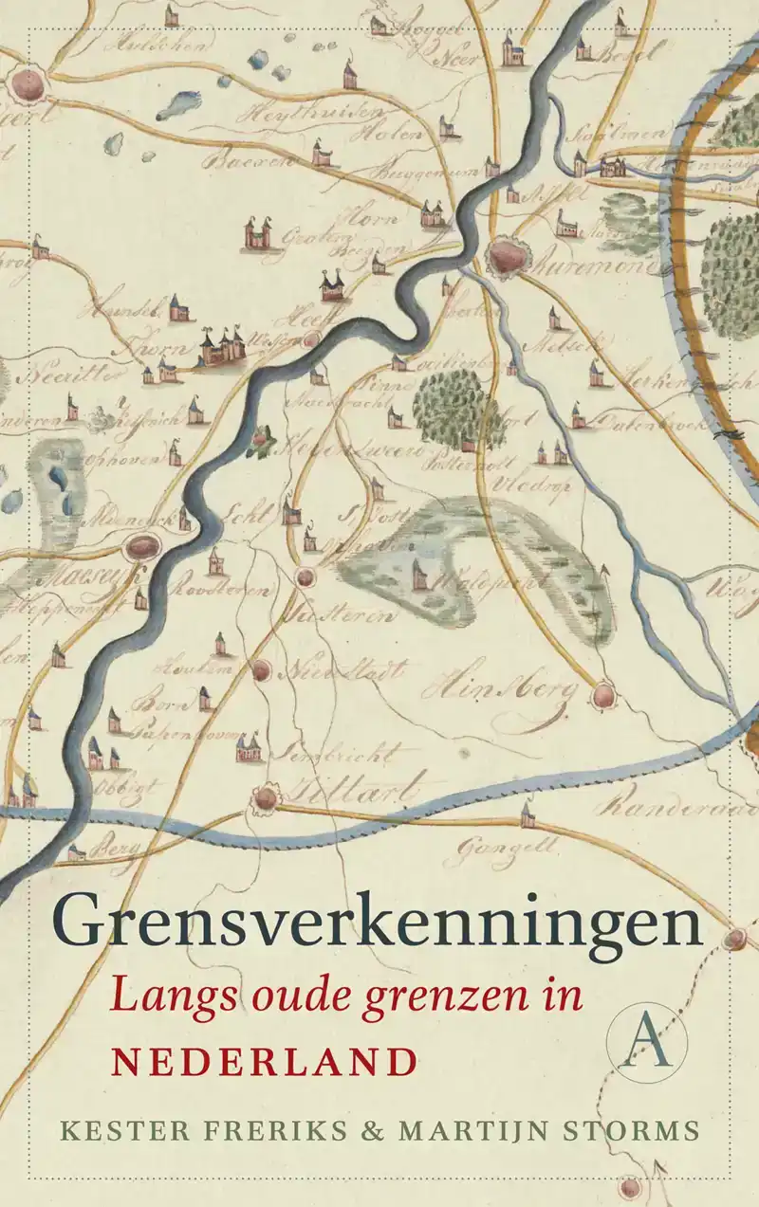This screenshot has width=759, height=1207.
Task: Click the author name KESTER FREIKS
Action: pos(185,1130)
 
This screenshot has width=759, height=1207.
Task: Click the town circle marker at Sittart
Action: pos(267,798)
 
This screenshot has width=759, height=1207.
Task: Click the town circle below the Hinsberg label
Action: pos(602,697)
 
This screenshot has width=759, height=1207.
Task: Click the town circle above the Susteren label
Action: pos(305,576)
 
